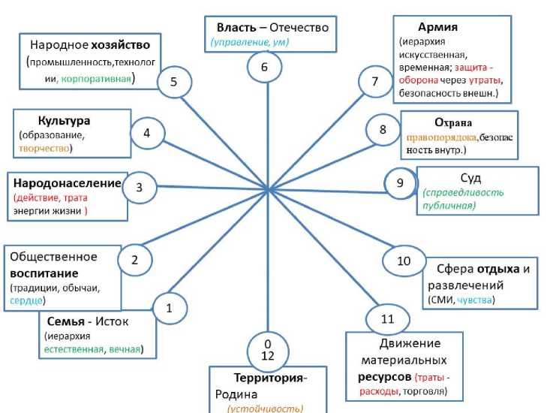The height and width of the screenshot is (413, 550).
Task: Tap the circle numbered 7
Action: click(375, 82)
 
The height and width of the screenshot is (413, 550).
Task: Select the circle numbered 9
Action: click(400, 182)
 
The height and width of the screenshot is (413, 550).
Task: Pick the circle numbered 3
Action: click(139, 188)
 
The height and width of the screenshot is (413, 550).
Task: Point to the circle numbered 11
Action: click(387, 319)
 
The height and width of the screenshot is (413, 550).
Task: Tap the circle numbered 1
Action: click(169, 308)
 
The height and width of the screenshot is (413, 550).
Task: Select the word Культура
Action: click(64, 120)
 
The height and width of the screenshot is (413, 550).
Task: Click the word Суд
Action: click(470, 179)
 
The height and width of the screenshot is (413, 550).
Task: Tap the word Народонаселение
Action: click(66, 183)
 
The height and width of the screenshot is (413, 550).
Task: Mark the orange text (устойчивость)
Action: click(265, 408)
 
